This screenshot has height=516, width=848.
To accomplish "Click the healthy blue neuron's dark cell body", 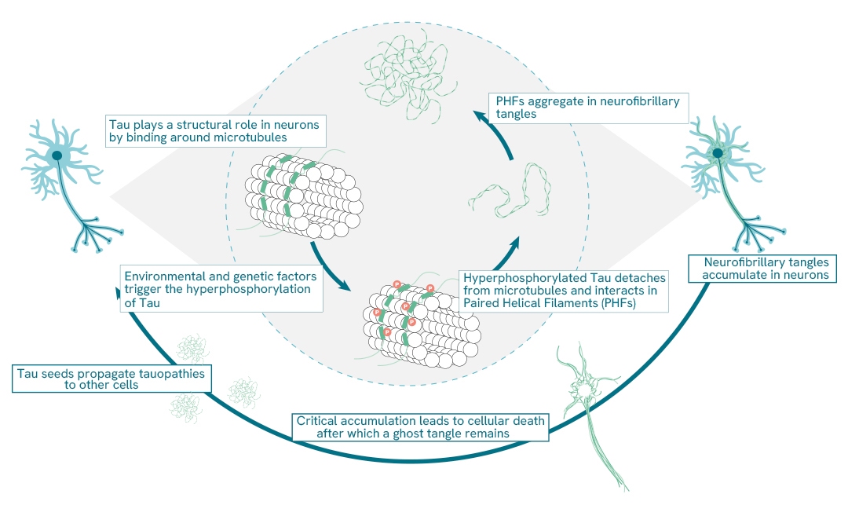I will click(x=57, y=156).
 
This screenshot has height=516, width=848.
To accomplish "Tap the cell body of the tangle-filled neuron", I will click(x=717, y=152).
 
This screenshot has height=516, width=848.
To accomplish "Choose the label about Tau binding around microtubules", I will click(x=216, y=131).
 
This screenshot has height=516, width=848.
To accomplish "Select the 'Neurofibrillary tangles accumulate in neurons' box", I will click(x=760, y=268).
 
